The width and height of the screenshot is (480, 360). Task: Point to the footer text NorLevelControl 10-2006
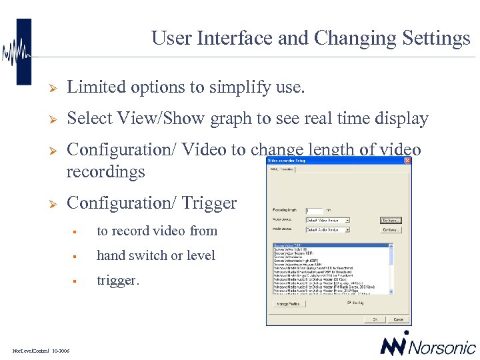click(x=41, y=350)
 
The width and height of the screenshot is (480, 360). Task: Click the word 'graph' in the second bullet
click(x=231, y=119)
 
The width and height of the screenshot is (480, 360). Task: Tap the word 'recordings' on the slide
click(x=105, y=172)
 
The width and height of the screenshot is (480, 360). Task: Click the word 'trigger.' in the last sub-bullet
click(x=118, y=281)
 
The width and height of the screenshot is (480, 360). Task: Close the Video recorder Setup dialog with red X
click(x=407, y=161)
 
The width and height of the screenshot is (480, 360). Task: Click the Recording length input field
click(x=314, y=210)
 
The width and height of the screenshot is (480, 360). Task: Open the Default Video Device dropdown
click(x=347, y=220)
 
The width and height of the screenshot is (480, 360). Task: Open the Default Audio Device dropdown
click(x=347, y=230)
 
